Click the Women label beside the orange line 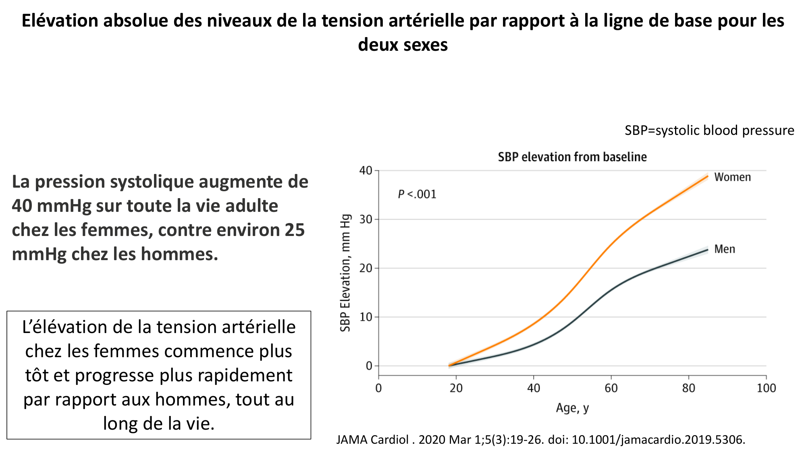(732, 177)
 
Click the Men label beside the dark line (725, 249)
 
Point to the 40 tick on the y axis (366, 171)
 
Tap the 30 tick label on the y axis (366, 219)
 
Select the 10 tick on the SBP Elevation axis (366, 317)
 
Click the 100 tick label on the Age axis (766, 388)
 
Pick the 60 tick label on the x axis (611, 388)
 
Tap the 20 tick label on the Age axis (456, 388)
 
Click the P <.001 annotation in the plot (417, 194)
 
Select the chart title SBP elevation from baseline (572, 157)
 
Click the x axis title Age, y (572, 408)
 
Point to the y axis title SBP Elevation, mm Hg (345, 273)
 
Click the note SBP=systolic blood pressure (709, 130)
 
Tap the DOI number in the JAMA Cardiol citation (658, 439)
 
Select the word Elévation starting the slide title (60, 21)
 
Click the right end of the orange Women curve (707, 176)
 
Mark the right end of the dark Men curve (707, 250)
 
